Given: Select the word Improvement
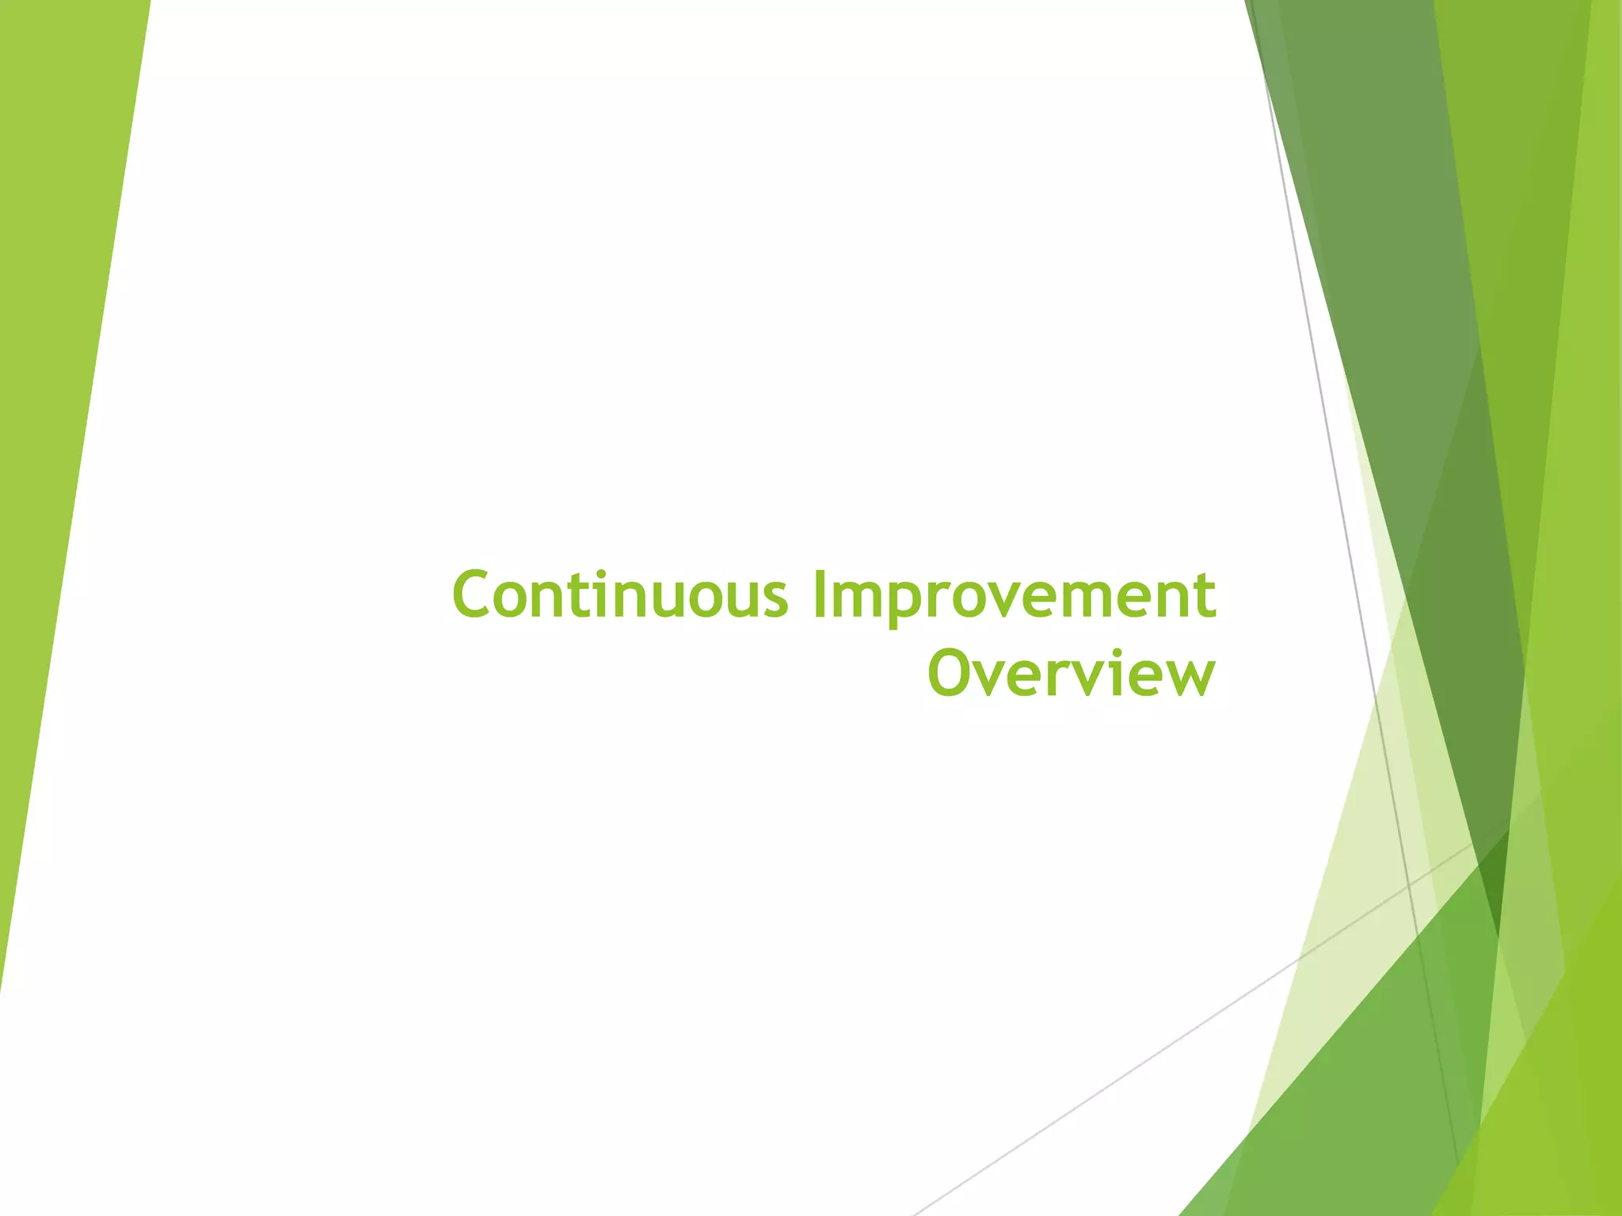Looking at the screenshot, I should click(1015, 598).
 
